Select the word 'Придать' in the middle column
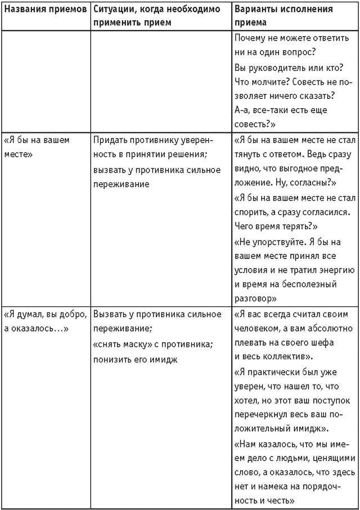110,140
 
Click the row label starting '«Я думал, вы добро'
45,321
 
